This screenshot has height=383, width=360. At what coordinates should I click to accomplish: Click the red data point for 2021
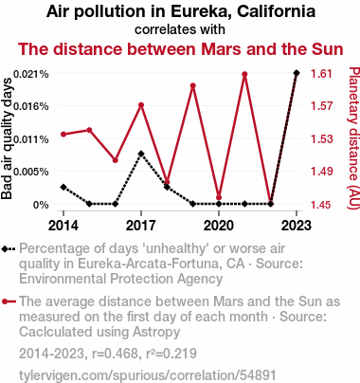click(x=244, y=74)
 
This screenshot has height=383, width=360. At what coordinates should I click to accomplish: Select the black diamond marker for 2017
click(x=141, y=154)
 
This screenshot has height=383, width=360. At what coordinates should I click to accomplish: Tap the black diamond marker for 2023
click(x=297, y=73)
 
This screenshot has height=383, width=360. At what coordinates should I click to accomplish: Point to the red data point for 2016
click(x=116, y=160)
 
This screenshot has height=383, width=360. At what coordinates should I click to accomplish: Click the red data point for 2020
click(x=219, y=197)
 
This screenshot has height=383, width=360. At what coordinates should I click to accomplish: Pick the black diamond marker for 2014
click(x=63, y=187)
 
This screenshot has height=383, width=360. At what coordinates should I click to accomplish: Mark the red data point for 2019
click(x=193, y=85)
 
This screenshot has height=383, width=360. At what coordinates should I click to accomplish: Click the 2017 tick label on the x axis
click(x=141, y=226)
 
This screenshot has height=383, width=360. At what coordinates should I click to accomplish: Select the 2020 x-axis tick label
click(x=219, y=226)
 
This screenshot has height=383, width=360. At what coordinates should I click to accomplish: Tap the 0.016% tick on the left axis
click(x=31, y=106)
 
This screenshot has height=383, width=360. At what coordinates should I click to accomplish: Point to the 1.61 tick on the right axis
click(x=321, y=74)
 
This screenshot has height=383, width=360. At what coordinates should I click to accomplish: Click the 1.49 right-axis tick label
click(x=321, y=172)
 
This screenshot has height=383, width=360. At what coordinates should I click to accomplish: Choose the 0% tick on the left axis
click(x=41, y=205)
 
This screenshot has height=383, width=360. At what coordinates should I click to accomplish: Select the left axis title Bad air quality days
click(x=7, y=138)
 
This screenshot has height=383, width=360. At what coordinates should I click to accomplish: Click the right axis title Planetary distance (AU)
click(x=353, y=137)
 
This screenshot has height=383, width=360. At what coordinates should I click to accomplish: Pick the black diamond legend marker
click(x=9, y=249)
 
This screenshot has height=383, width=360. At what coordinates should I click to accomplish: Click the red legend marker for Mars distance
click(x=9, y=301)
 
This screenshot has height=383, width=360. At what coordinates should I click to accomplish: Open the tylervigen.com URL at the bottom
click(x=148, y=375)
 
